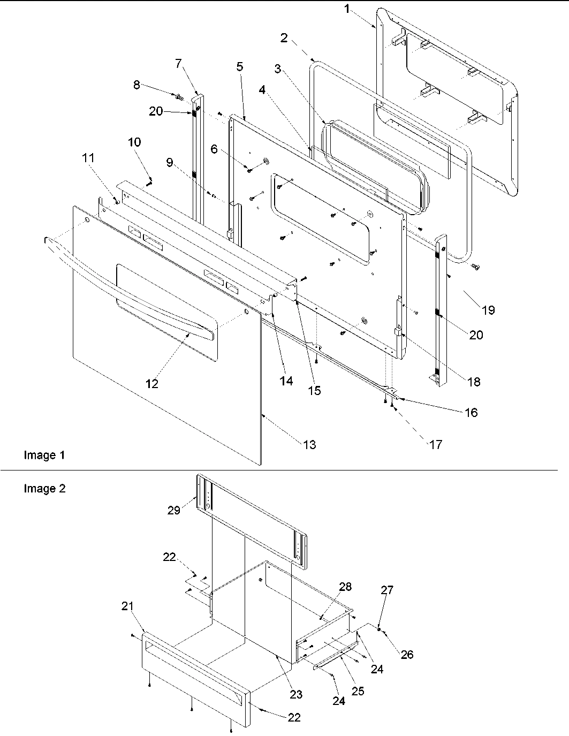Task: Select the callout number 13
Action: tap(309, 444)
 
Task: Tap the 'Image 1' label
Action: tap(44, 456)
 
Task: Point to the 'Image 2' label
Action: tap(44, 489)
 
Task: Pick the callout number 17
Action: tap(436, 444)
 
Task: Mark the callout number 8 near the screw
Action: tap(136, 85)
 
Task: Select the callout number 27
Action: tap(387, 590)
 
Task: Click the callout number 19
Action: tap(488, 309)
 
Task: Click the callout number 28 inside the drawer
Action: tap(345, 587)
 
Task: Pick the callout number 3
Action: tap(277, 69)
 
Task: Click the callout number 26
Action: tap(407, 654)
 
